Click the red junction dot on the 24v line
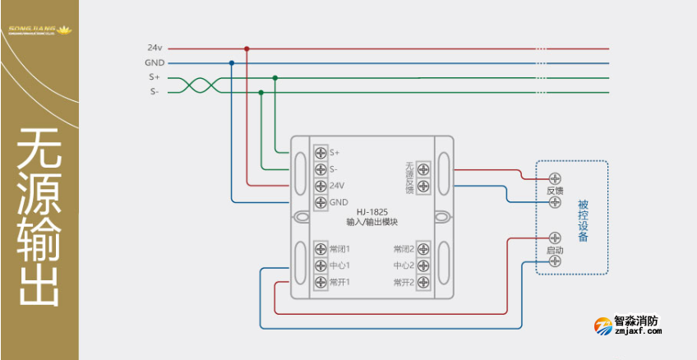point(247,48)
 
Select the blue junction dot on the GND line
point(232,62)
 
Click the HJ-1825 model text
point(372,211)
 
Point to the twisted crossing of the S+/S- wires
point(199,85)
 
